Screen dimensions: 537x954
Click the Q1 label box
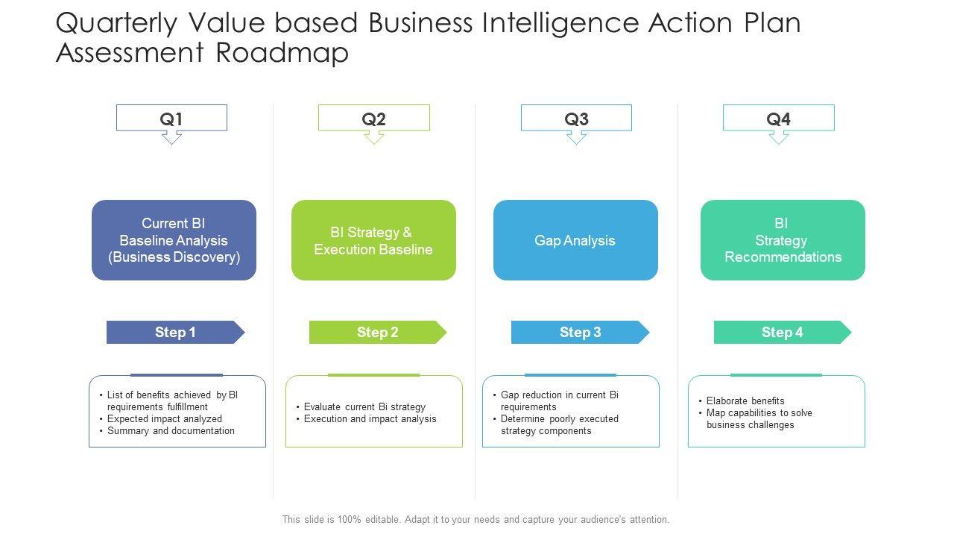(x=171, y=119)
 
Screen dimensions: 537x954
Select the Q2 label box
(x=373, y=119)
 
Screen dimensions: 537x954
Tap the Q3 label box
(x=576, y=119)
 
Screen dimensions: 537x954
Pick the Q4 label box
(x=778, y=119)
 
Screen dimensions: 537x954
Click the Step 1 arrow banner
(x=175, y=333)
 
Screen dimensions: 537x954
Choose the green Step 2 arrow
(x=377, y=333)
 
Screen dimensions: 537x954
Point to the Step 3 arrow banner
(x=580, y=333)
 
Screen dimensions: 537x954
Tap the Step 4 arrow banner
(x=782, y=333)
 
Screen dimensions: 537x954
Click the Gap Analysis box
(x=575, y=240)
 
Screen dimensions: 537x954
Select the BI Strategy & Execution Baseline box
(x=373, y=240)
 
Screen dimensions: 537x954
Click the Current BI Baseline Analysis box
(x=174, y=240)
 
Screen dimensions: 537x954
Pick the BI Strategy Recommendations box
(x=783, y=240)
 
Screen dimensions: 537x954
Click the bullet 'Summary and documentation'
(x=171, y=431)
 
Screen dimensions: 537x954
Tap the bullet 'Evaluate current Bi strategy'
(x=364, y=407)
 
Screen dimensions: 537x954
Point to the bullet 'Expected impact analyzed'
(x=165, y=419)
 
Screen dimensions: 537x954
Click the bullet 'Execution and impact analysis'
(x=370, y=419)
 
